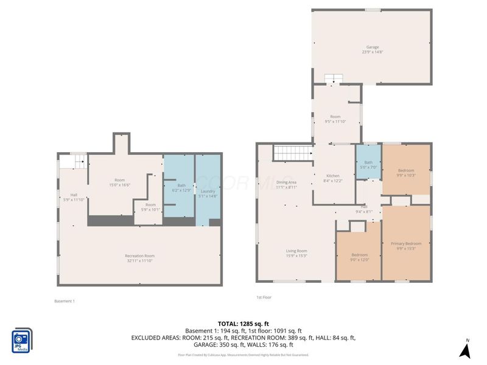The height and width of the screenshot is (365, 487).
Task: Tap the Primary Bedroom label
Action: point(405,243)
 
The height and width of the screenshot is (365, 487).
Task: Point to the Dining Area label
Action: point(286,182)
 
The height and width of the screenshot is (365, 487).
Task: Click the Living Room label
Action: point(296,251)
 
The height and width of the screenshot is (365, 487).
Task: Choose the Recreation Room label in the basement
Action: point(139,255)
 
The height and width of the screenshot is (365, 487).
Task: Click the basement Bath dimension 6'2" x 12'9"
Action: point(181,190)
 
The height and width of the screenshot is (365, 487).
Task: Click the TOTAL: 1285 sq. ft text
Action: point(243,324)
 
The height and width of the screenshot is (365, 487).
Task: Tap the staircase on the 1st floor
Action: point(293,153)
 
